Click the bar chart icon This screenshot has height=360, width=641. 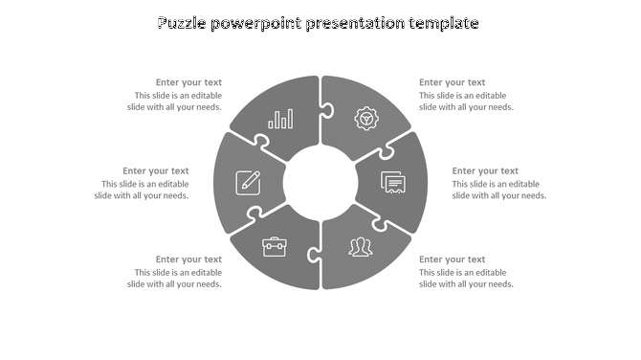tap(281, 119)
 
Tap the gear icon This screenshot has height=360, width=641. tap(365, 119)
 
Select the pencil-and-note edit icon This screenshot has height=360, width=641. tap(248, 180)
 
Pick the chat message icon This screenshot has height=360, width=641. tap(393, 181)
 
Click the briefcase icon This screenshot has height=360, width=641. tap(275, 247)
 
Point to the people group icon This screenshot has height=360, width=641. tap(361, 247)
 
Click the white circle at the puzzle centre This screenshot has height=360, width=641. tap(320, 181)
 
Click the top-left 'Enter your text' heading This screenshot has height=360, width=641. tap(188, 82)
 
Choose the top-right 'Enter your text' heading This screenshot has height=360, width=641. tap(452, 82)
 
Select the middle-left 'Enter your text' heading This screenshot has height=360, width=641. tap(155, 171)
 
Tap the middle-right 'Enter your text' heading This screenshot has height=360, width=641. tap(485, 171)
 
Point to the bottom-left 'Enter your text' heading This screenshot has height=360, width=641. tap(188, 259)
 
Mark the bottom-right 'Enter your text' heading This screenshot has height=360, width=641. tap(452, 259)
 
